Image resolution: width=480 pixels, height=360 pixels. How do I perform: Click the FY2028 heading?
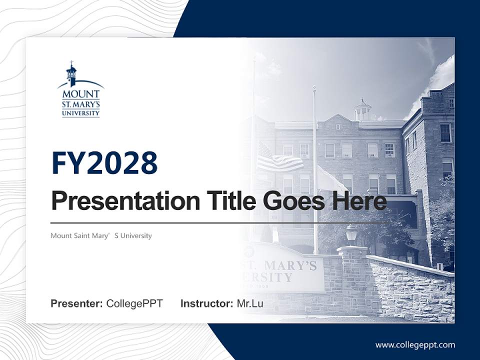(x=104, y=162)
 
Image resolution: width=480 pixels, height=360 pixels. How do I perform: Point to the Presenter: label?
(x=76, y=303)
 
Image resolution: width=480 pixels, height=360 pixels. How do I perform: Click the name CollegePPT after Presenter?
(x=134, y=303)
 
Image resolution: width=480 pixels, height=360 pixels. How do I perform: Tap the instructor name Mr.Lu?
(x=250, y=303)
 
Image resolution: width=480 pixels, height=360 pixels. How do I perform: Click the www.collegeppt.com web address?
(x=415, y=344)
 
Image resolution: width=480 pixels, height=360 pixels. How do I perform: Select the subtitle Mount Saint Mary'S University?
(x=101, y=235)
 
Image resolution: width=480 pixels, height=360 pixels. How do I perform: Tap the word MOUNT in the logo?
(x=81, y=94)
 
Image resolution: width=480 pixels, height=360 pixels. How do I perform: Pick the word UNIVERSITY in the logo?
(x=81, y=113)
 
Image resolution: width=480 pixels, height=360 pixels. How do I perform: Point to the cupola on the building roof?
(x=362, y=109)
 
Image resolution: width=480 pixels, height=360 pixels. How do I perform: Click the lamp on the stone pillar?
(x=351, y=233)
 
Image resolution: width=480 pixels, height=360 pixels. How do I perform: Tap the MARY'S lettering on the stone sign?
(x=291, y=264)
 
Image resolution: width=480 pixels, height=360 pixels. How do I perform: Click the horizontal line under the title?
(x=215, y=222)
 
